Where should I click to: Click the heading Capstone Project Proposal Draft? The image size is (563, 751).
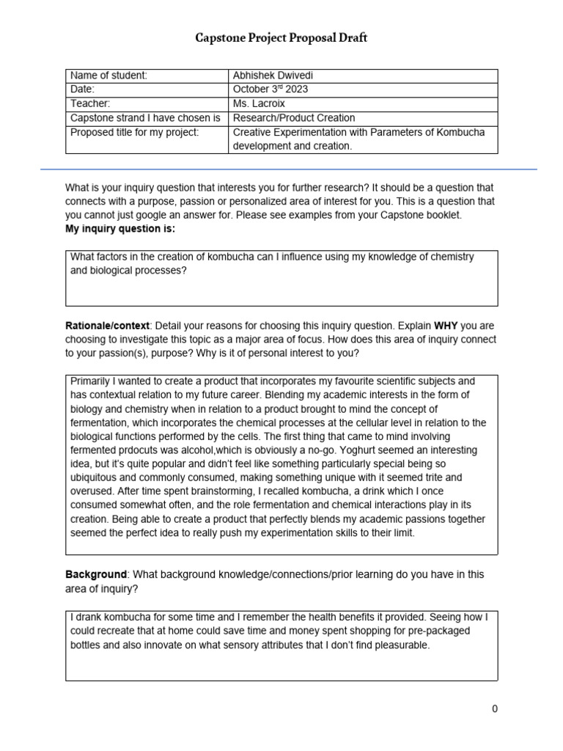point(281,38)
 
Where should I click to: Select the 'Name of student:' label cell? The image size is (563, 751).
point(108,76)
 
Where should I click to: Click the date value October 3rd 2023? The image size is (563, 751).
point(270,89)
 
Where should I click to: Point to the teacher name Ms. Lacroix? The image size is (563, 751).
point(260,103)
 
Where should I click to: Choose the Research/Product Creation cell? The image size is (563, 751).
point(293,118)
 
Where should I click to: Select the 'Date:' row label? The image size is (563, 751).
point(83,89)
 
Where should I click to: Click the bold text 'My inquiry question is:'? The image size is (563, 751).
point(120,229)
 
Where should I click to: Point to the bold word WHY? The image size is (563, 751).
point(447,326)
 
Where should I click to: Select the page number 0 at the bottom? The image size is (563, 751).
point(495,708)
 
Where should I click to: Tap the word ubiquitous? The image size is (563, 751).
point(97,478)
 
